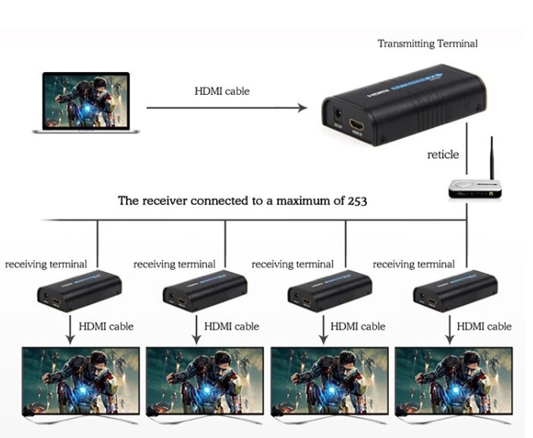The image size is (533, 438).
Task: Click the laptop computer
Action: (86, 102)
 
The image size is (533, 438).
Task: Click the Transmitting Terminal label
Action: (428, 43)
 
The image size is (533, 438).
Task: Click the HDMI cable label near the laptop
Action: (221, 91)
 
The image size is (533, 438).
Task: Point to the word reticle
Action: (443, 155)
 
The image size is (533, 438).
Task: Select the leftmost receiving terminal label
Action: (45, 264)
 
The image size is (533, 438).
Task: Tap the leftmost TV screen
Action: (80, 380)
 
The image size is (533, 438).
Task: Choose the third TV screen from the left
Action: (330, 380)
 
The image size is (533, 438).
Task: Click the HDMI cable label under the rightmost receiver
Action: (484, 327)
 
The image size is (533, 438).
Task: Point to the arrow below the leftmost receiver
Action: (71, 327)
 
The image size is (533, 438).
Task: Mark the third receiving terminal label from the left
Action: (292, 264)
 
